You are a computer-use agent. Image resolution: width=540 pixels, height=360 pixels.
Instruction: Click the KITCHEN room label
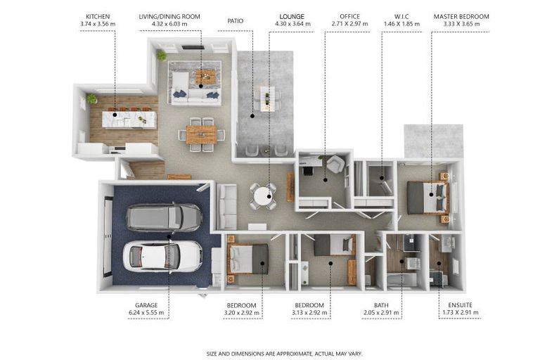click(97, 16)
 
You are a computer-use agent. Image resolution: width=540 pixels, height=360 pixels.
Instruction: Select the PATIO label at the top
click(236, 20)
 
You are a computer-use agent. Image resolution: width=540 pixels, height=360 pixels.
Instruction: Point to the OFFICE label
click(349, 16)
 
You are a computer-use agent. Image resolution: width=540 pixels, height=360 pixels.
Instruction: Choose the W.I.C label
click(401, 16)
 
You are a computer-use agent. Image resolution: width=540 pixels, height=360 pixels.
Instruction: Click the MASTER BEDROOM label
click(461, 16)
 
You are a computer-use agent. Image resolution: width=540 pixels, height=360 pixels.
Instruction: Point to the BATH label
click(381, 305)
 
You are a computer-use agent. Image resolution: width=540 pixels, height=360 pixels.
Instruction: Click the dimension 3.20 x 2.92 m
click(241, 313)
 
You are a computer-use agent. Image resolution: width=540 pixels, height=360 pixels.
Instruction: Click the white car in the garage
click(162, 255)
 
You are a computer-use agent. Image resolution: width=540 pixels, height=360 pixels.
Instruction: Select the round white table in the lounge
click(264, 195)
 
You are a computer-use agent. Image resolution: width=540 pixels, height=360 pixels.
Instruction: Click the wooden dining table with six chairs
click(201, 134)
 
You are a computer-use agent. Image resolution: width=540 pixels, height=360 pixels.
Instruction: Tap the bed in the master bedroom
click(427, 197)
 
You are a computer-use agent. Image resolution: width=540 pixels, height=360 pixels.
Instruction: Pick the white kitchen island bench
click(129, 120)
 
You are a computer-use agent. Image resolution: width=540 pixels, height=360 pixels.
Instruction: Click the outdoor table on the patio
click(267, 98)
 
